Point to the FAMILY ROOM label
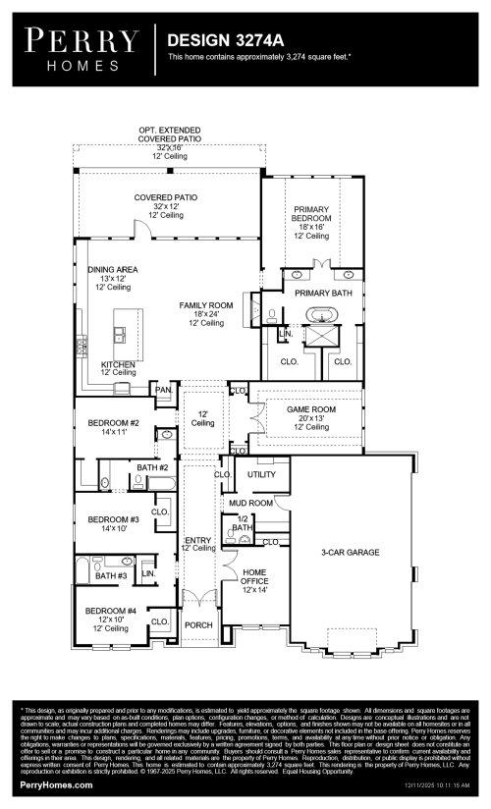pyautogui.click(x=206, y=305)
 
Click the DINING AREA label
pyautogui.click(x=113, y=269)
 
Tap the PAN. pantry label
pyautogui.click(x=163, y=390)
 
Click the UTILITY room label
pyautogui.click(x=262, y=475)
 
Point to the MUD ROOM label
pyautogui.click(x=250, y=503)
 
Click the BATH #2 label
pyautogui.click(x=152, y=468)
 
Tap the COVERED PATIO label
pyautogui.click(x=165, y=197)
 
